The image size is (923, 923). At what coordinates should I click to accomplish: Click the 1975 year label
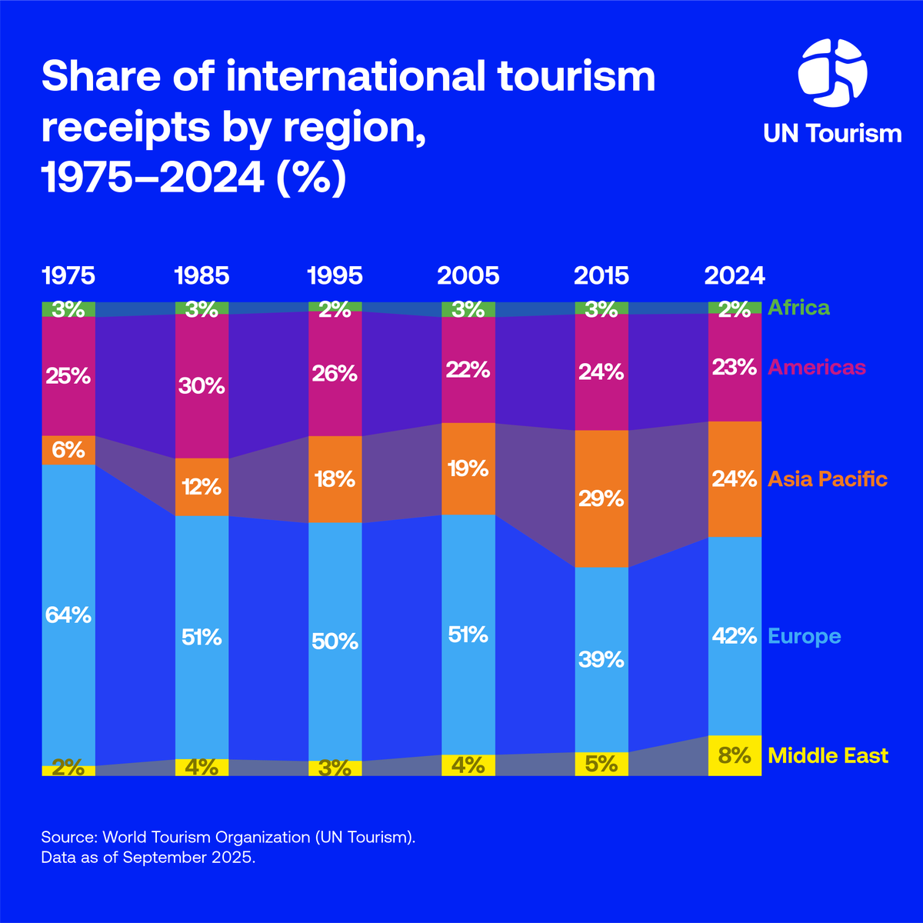[x=68, y=276]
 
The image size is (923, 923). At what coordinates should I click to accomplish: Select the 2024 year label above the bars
[x=735, y=276]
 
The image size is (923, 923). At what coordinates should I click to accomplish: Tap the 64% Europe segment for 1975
[x=68, y=615]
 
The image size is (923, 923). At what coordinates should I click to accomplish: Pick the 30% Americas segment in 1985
[x=202, y=385]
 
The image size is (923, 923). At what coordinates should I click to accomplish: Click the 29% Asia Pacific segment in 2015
[x=601, y=498]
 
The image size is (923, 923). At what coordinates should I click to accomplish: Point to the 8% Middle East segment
[x=735, y=755]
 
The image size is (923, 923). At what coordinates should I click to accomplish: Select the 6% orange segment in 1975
[x=68, y=450]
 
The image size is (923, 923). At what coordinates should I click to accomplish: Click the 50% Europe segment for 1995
[x=335, y=641]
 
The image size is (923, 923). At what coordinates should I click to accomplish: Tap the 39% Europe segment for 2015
[x=601, y=659]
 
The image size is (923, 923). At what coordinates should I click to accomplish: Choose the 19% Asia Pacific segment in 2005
[x=468, y=468]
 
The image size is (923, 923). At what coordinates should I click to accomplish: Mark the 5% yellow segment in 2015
[x=601, y=764]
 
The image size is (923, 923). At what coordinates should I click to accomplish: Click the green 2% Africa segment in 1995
[x=335, y=307]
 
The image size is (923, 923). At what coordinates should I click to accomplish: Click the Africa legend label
[x=798, y=308]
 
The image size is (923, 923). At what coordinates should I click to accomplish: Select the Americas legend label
[x=816, y=368]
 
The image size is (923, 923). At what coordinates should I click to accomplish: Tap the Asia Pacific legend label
[x=828, y=480]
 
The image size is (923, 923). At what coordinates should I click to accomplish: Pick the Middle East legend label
[x=828, y=756]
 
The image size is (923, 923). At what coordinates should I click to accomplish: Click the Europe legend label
[x=805, y=637]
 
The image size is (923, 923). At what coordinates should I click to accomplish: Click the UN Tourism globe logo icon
[x=832, y=74]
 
